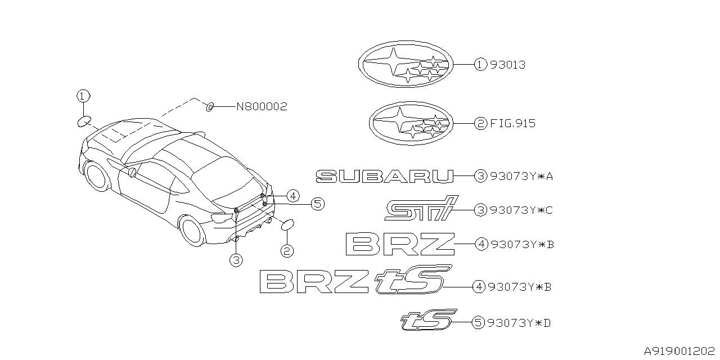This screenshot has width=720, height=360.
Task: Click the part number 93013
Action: (x=507, y=65)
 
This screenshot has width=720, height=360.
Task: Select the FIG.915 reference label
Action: (x=513, y=124)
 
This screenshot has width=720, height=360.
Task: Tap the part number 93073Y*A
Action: (x=521, y=177)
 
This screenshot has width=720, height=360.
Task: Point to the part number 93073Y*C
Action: (x=521, y=210)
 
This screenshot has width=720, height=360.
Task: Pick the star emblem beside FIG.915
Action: (x=410, y=123)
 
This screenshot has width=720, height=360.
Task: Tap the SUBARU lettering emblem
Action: (x=385, y=177)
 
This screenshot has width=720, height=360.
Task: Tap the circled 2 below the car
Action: (x=287, y=251)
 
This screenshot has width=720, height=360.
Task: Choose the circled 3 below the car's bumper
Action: (x=236, y=259)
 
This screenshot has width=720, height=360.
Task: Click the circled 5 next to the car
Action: (x=317, y=204)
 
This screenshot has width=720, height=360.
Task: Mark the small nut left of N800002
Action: (x=209, y=106)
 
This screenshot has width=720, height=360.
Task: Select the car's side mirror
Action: (x=133, y=172)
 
